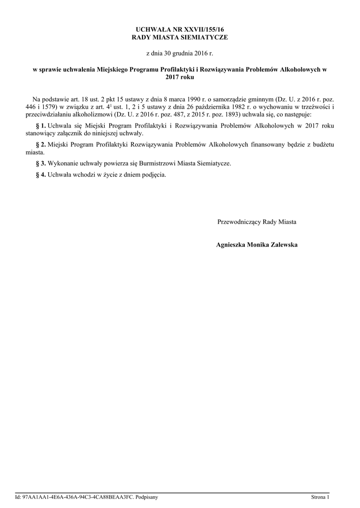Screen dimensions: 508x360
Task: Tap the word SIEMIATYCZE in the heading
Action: [x=204, y=38]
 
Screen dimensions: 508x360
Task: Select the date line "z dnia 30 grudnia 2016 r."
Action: [x=180, y=53]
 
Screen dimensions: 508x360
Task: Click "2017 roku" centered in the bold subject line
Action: [x=180, y=77]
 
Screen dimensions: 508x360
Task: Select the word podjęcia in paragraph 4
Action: [x=154, y=175]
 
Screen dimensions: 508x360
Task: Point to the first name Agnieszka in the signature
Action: [x=232, y=245]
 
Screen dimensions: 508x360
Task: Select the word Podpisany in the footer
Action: [x=147, y=497]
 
